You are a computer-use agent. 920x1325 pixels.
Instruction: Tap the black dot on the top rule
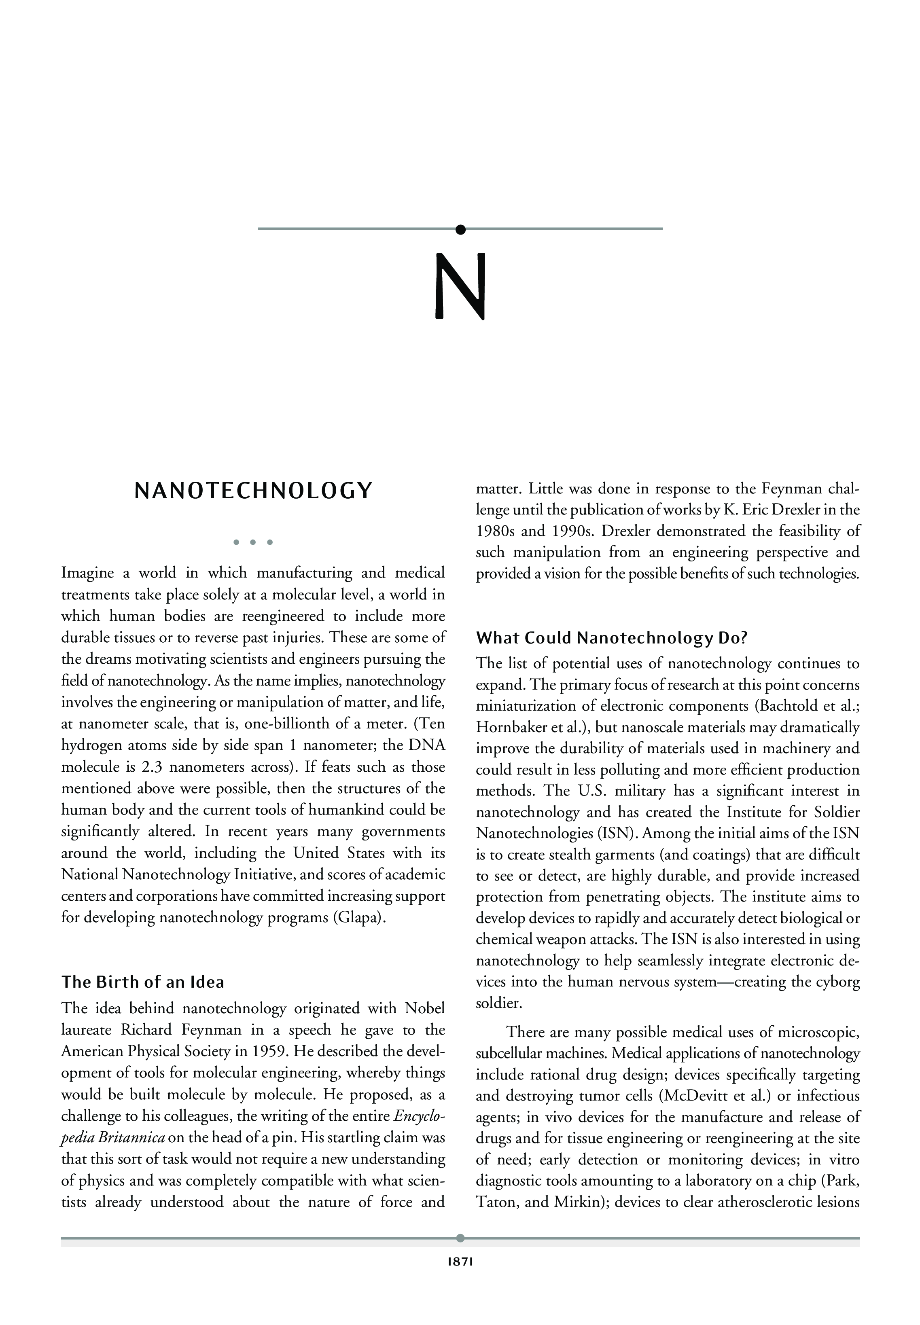coord(460,229)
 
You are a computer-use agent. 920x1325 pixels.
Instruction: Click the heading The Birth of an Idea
coord(143,982)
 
